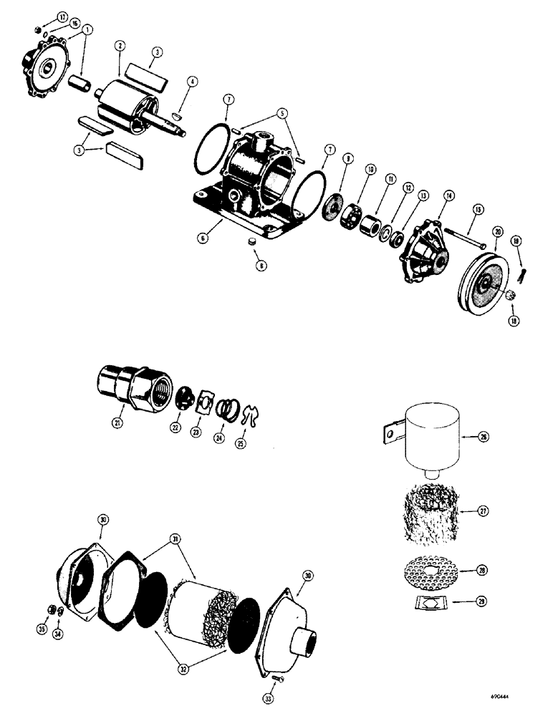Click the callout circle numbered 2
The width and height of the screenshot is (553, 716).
(120, 45)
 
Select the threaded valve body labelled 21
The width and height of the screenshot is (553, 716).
(133, 387)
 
